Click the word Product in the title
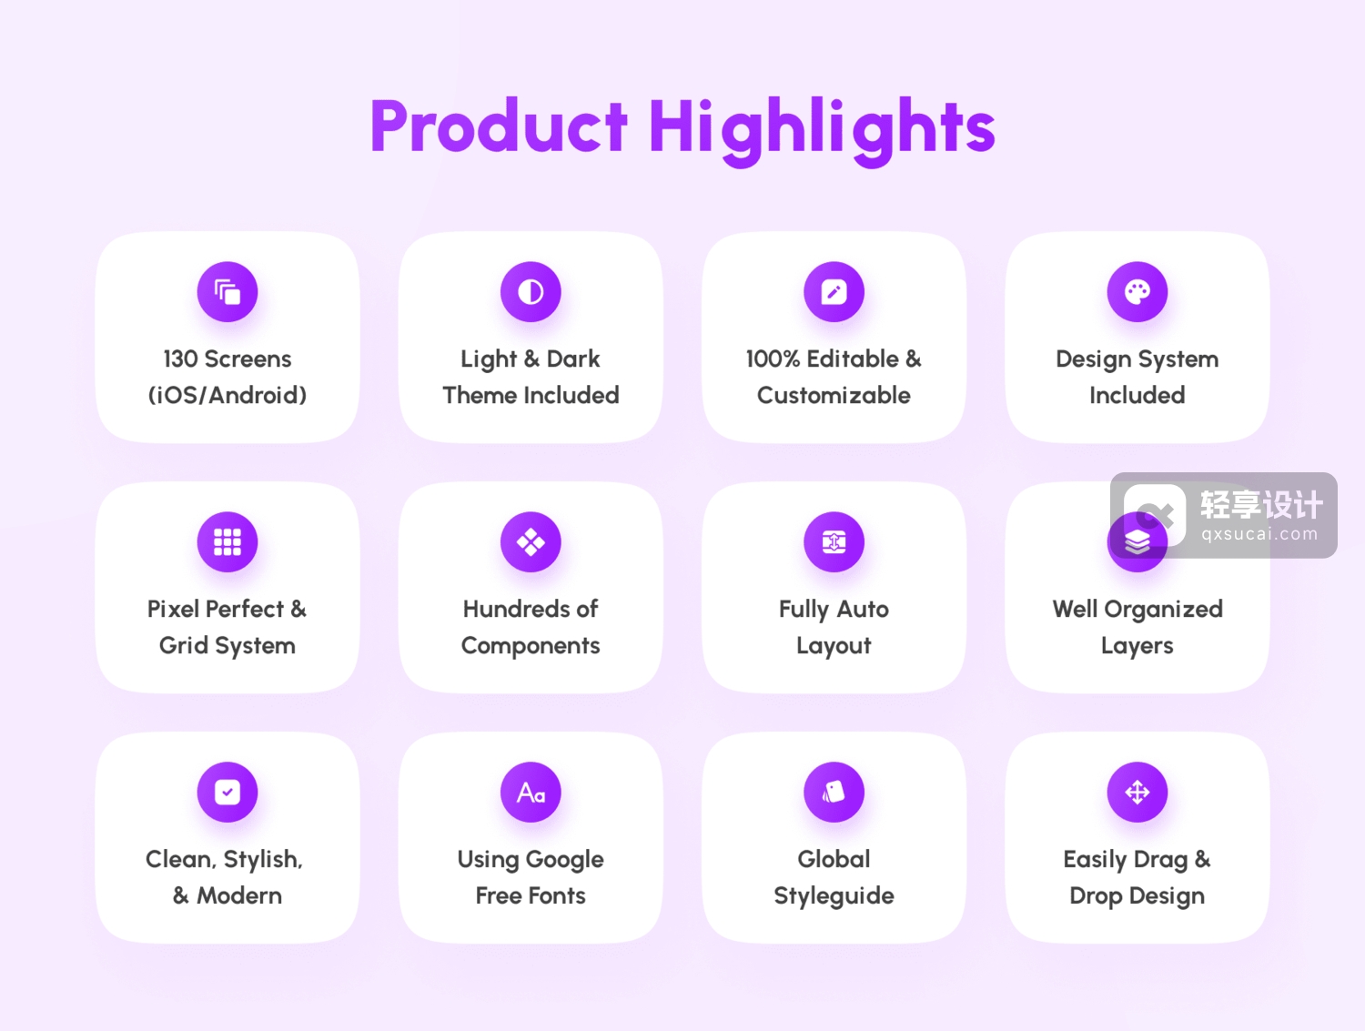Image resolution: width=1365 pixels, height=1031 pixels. click(x=499, y=126)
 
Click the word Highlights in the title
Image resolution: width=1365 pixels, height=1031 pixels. click(x=822, y=131)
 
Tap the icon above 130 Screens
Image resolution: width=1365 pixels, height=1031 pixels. click(x=227, y=291)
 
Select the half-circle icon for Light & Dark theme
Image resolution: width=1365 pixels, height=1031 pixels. click(x=531, y=291)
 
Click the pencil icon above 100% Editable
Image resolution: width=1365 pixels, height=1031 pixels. click(x=834, y=291)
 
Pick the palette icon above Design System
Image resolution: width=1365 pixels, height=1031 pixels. click(x=1137, y=291)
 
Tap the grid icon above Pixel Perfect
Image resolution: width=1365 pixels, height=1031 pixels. click(x=227, y=541)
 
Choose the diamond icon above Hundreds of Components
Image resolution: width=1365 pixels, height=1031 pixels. click(x=531, y=541)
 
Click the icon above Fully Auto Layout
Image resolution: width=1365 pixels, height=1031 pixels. click(x=834, y=541)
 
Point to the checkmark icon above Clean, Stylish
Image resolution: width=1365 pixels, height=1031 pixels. click(x=227, y=792)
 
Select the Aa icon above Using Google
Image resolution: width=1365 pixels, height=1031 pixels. click(x=531, y=792)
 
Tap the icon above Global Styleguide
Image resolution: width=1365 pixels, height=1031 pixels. click(x=834, y=792)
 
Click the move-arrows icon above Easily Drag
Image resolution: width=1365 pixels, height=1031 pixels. click(x=1137, y=792)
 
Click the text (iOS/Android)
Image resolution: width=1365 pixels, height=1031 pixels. click(x=227, y=396)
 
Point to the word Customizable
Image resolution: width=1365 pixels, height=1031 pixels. click(x=834, y=395)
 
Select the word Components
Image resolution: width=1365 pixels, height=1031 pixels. click(x=531, y=646)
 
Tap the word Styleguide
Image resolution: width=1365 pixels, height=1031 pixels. click(x=834, y=896)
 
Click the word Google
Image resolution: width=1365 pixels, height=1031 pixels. click(x=565, y=860)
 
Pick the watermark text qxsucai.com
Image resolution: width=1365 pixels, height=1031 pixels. click(x=1259, y=534)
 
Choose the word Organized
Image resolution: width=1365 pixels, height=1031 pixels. click(x=1164, y=610)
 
